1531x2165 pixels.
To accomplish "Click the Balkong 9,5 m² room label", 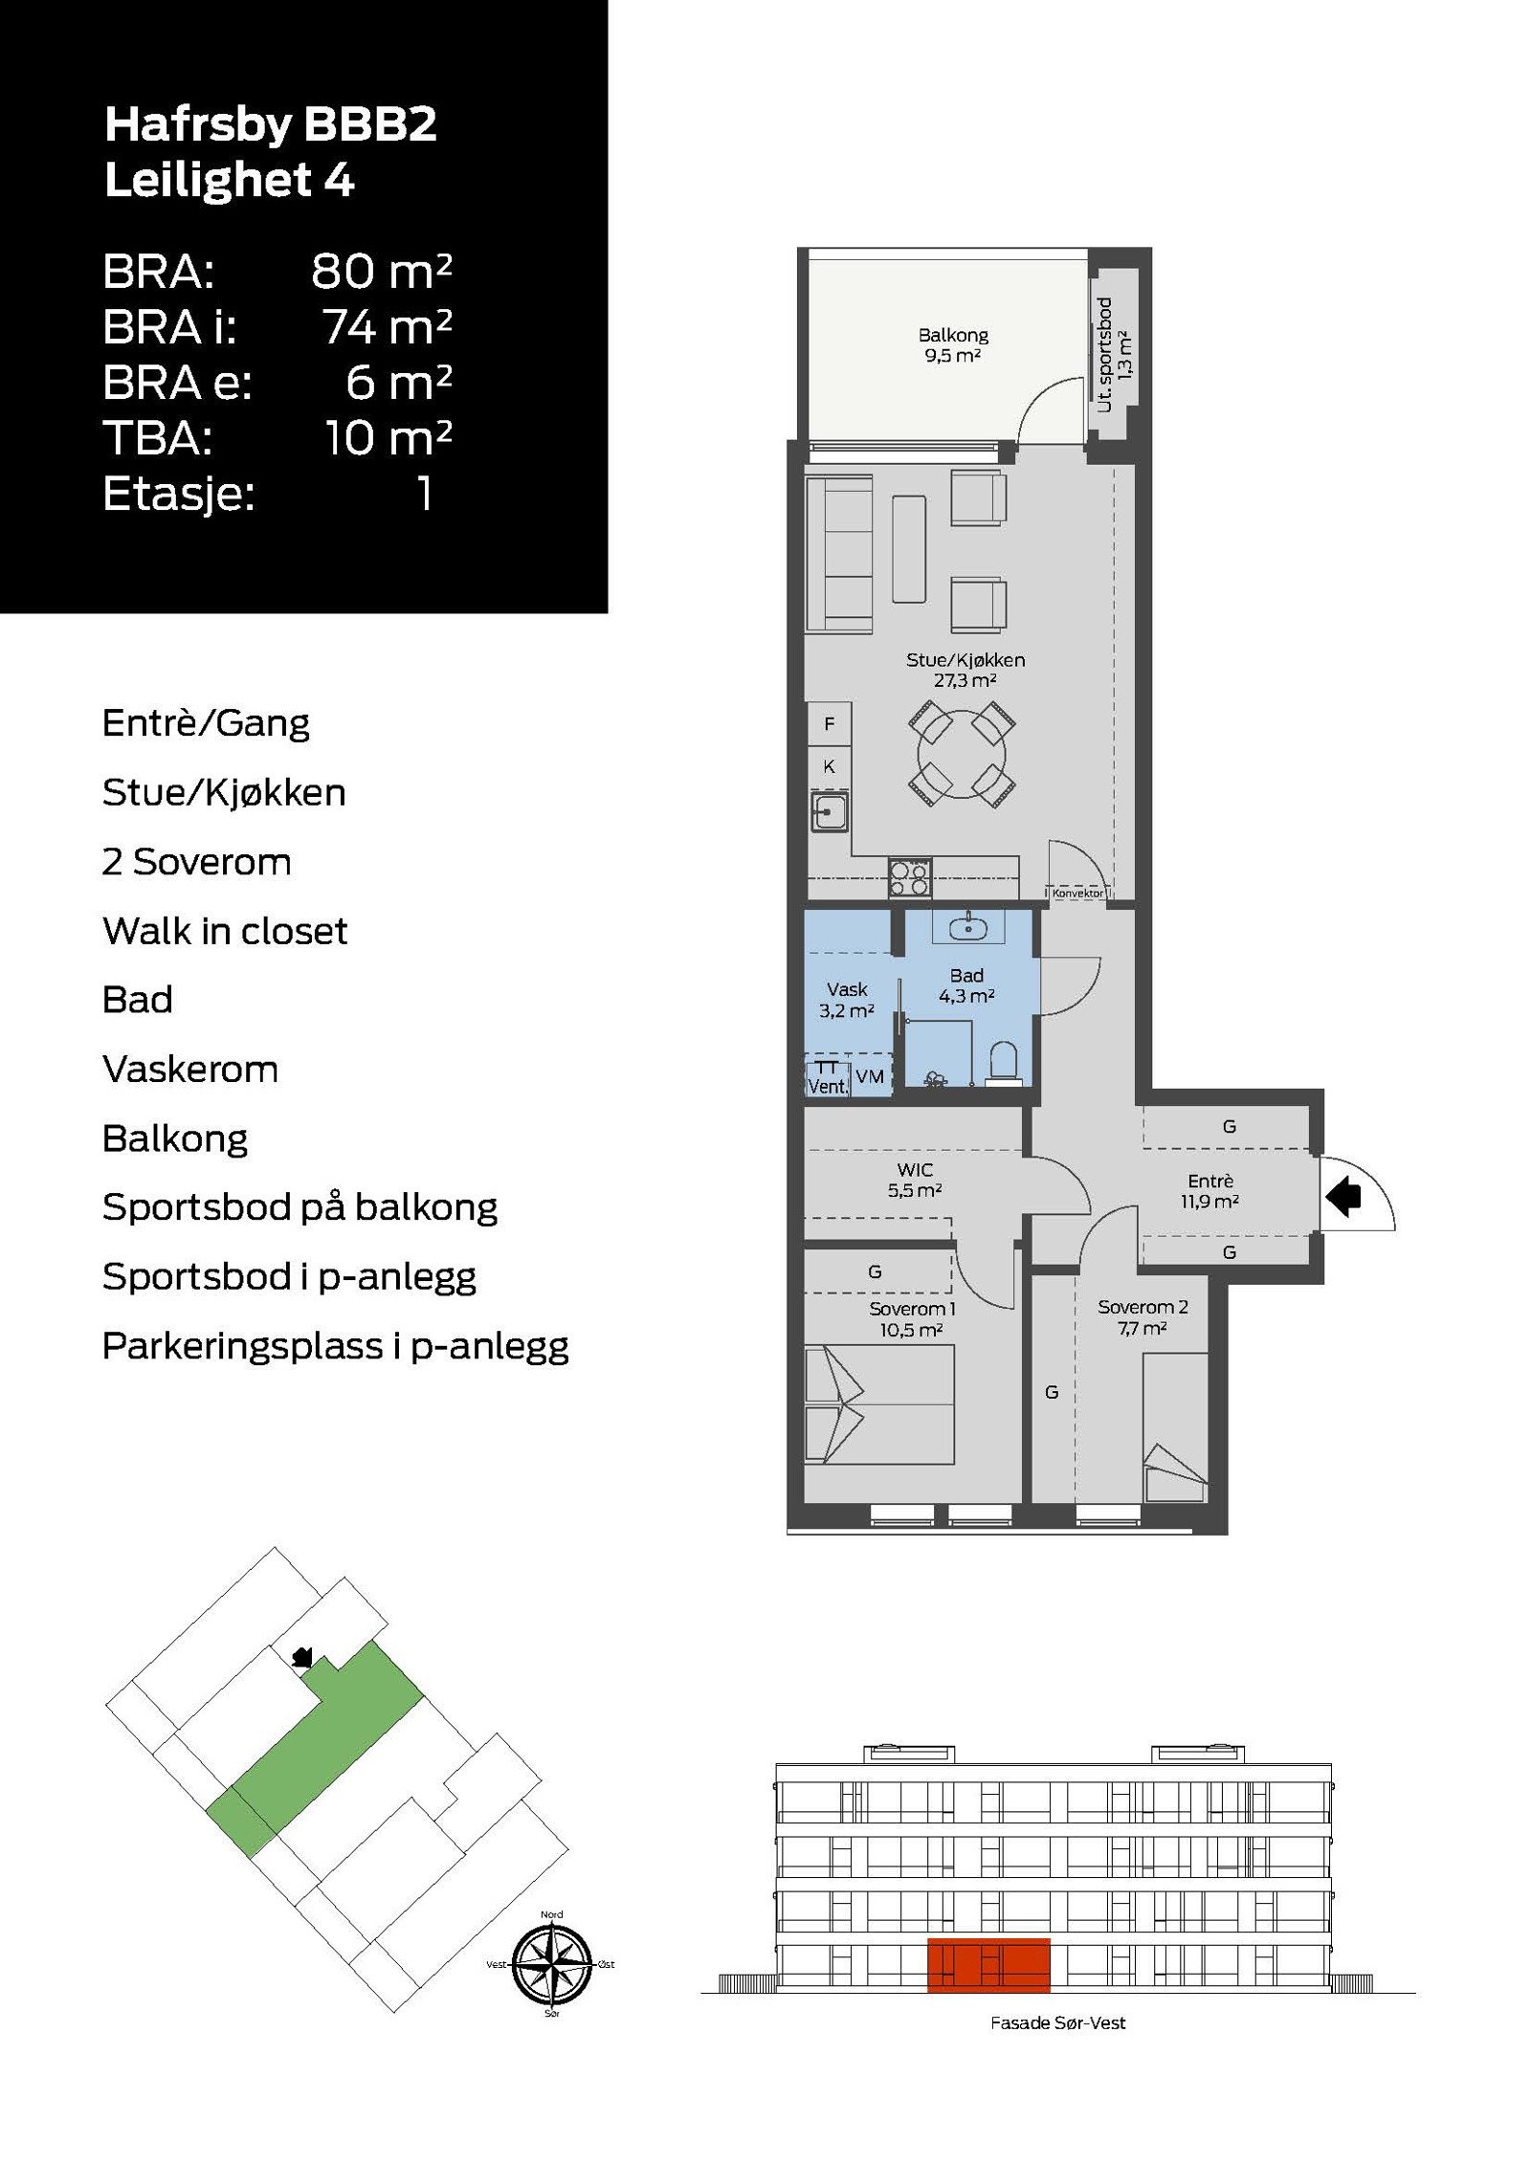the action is [952, 345].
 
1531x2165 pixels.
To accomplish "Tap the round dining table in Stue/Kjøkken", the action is [962, 754].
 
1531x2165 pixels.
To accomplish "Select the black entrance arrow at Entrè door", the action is [1343, 1196].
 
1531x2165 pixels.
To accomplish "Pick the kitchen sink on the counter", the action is [829, 812].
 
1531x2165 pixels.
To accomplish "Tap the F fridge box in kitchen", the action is [829, 724].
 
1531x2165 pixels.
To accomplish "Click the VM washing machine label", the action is [870, 1076].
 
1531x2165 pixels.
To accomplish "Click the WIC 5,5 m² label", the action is [915, 1180].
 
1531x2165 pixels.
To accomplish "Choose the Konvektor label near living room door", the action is [1077, 893].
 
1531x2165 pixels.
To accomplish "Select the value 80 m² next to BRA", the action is [381, 272].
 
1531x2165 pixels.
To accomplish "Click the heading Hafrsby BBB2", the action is [271, 124].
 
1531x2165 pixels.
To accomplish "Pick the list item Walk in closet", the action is [225, 931].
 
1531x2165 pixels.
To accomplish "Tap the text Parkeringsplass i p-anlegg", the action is [336, 1347].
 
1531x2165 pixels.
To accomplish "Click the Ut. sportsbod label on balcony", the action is [1104, 355].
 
